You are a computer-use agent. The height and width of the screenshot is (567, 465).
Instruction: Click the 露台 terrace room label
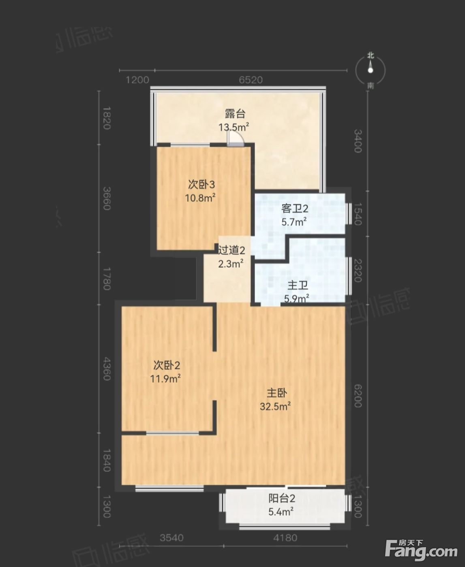tap(235, 114)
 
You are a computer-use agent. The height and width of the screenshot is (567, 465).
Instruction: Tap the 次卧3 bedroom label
tap(201, 185)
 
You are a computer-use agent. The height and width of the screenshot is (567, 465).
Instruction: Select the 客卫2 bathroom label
tap(295, 209)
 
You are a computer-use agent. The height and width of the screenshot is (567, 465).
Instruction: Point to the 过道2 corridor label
tap(231, 250)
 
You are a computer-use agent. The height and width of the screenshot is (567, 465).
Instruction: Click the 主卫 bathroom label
tap(298, 285)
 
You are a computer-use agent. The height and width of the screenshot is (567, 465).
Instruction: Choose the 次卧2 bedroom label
tap(167, 365)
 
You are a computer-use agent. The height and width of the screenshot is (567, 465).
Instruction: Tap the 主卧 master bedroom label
tap(277, 393)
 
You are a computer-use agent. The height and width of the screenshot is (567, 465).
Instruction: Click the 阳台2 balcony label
tap(282, 499)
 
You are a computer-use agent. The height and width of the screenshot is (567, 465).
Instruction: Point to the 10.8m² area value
tap(200, 198)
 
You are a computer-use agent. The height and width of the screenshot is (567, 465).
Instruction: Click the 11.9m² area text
tap(165, 379)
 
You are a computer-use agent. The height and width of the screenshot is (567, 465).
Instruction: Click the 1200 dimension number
tap(137, 80)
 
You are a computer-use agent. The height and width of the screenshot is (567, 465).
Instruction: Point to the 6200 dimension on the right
tap(358, 396)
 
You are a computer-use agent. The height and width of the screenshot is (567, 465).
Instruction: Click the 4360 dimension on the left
tap(107, 369)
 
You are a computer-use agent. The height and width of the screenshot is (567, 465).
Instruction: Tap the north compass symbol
tap(371, 70)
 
